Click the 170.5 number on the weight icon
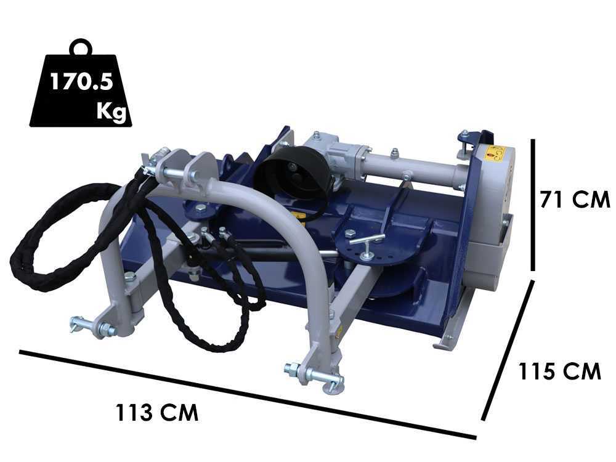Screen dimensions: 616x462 [81, 82]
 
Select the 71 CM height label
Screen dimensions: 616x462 [575, 199]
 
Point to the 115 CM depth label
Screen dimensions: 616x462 [560, 371]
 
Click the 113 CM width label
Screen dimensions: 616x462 [157, 413]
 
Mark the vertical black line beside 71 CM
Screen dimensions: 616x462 [533, 205]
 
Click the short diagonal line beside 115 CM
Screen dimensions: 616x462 [508, 350]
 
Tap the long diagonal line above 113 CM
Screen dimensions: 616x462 [248, 394]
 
